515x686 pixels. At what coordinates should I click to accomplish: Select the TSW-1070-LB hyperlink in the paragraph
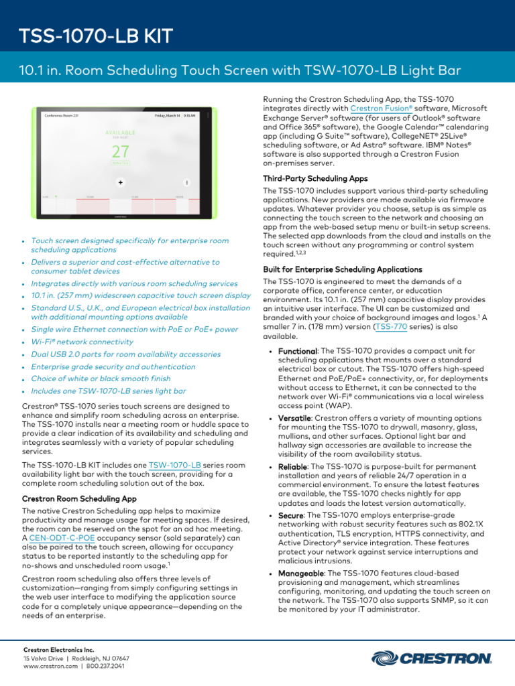pyautogui.click(x=175, y=465)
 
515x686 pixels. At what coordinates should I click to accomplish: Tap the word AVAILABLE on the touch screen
pyautogui.click(x=121, y=131)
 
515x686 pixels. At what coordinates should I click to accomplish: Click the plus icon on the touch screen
pyautogui.click(x=120, y=182)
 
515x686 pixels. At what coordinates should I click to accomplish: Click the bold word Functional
pyautogui.click(x=296, y=351)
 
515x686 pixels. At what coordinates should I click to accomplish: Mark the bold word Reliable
pyautogui.click(x=293, y=466)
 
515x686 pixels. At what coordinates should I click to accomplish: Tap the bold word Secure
pyautogui.click(x=290, y=515)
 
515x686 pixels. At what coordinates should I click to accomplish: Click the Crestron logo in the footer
pyautogui.click(x=431, y=659)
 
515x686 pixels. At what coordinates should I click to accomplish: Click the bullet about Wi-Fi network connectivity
pyautogui.click(x=83, y=342)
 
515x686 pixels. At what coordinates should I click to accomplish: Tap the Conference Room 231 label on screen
pyautogui.click(x=62, y=115)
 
